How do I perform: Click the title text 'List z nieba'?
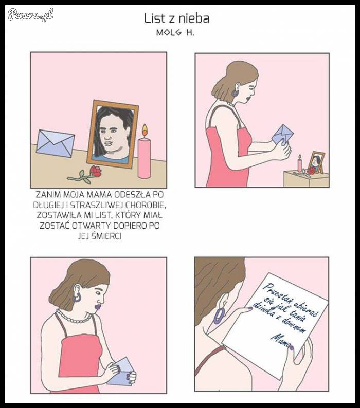pyautogui.click(x=176, y=19)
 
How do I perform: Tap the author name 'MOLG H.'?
pyautogui.click(x=176, y=32)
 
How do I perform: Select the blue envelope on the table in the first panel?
pyautogui.click(x=55, y=143)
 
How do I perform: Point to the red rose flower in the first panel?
pyautogui.click(x=96, y=171)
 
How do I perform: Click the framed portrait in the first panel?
pyautogui.click(x=113, y=133)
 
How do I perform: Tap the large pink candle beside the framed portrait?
pyautogui.click(x=145, y=157)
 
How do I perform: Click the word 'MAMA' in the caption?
pyautogui.click(x=98, y=196)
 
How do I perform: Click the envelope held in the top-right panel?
pyautogui.click(x=282, y=135)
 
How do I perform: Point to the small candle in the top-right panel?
pyautogui.click(x=299, y=164)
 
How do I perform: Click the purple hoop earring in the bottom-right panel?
pyautogui.click(x=220, y=315)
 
